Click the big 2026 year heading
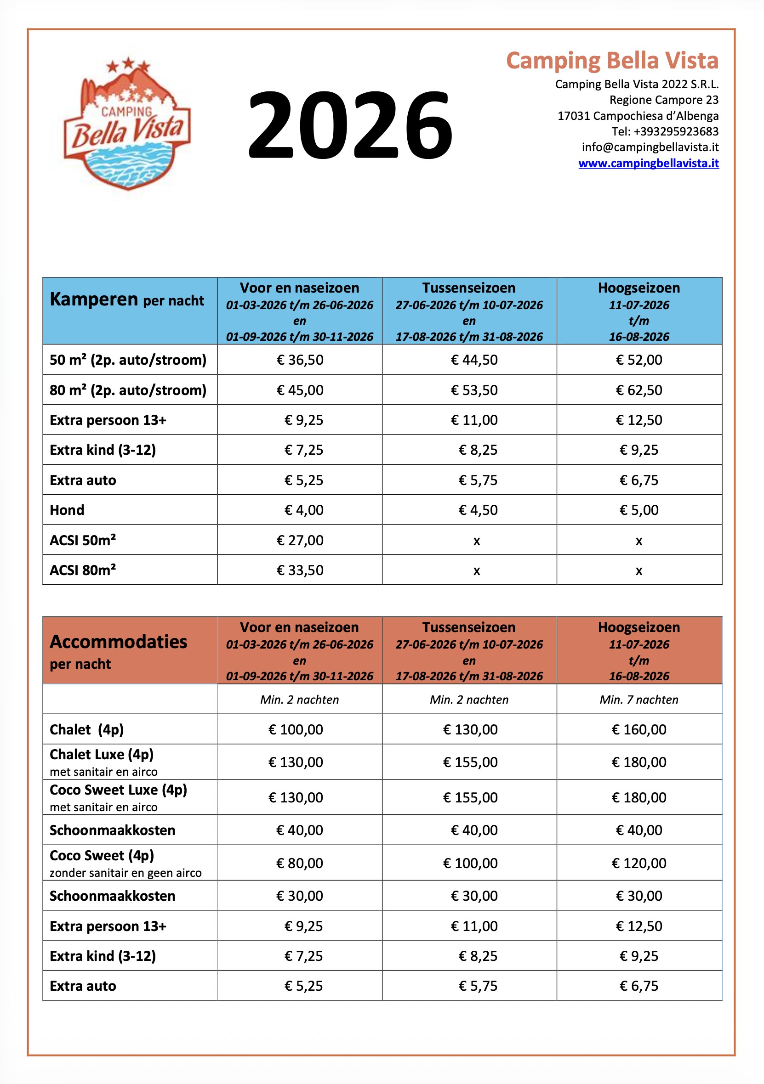(350, 125)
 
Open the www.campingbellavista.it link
(648, 164)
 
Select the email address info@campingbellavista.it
(650, 147)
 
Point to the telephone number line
(665, 131)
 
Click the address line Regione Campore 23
(663, 100)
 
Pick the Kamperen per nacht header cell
(126, 300)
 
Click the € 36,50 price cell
(300, 360)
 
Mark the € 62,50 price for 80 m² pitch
(639, 390)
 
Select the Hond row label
(67, 510)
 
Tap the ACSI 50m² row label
(83, 540)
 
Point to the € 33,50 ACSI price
(300, 570)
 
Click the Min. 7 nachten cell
(639, 700)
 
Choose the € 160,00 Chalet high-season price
(639, 729)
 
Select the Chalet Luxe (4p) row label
(102, 755)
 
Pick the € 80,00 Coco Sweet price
(300, 863)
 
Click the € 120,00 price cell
(639, 863)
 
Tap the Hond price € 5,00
(639, 510)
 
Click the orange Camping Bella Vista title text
(612, 61)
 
